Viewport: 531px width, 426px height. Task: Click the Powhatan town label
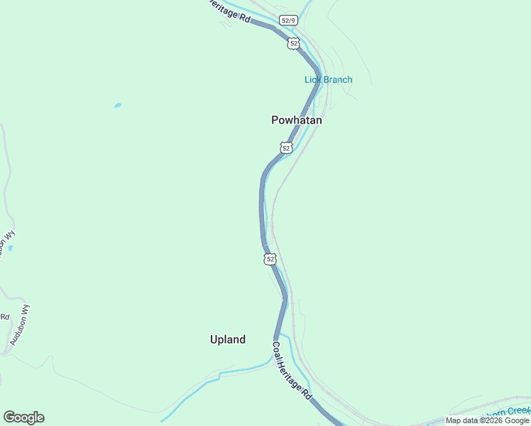[297, 121]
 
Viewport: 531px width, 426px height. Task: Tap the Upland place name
[228, 340]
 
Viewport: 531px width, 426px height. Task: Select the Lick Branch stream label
[328, 80]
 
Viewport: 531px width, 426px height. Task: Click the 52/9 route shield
[288, 21]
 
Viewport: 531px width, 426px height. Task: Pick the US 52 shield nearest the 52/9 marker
[294, 43]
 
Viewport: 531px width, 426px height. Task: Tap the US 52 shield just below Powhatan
[285, 148]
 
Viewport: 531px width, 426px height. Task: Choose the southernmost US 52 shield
[270, 259]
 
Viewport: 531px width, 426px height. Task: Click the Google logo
[23, 417]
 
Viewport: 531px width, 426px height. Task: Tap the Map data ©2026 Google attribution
[488, 420]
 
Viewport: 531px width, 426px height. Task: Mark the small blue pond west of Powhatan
[117, 106]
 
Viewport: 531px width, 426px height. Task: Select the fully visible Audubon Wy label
[20, 325]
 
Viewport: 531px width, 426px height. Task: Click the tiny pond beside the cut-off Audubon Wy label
[10, 248]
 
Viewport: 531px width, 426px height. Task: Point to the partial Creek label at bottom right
[507, 411]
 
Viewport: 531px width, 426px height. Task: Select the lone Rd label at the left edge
[4, 317]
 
